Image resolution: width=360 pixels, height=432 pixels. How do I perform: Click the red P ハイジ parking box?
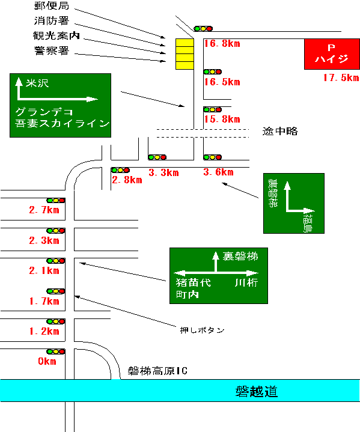pos(332,54)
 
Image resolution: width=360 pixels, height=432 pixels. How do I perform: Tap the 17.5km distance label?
pos(341,78)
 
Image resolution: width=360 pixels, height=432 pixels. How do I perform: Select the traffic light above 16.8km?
pos(203,28)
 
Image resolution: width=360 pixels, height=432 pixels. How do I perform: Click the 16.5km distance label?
pos(222,82)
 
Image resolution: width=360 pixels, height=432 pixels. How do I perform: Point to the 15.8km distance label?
pos(222,119)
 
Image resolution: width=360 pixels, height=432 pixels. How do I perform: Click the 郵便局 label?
pos(52,6)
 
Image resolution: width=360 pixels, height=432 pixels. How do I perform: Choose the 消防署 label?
pos(52,20)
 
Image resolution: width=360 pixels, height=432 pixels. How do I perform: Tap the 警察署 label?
pos(52,50)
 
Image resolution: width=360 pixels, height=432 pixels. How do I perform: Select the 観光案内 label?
pos(56,35)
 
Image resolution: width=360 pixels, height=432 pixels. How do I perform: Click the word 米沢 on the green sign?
pos(37,83)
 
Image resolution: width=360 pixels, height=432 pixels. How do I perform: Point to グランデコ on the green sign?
pos(44,112)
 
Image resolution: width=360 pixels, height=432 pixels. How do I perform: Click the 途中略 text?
pos(280,131)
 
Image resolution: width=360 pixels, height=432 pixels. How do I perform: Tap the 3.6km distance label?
pos(218,172)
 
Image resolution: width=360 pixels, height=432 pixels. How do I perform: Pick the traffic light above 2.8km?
pos(120,170)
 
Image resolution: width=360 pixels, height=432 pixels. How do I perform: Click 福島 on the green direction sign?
pos(308,224)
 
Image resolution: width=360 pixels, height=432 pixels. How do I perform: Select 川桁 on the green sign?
pos(246,282)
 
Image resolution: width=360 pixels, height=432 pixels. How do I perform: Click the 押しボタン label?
pos(203,330)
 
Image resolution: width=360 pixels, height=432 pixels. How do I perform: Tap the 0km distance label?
pos(47,361)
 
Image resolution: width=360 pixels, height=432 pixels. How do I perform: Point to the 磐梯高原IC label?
pos(157,371)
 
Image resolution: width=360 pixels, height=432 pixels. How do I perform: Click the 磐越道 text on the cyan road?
pos(257,392)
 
